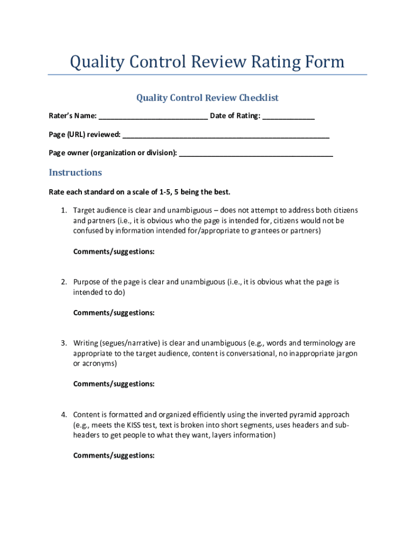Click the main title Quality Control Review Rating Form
point(207,62)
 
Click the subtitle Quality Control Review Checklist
point(207,98)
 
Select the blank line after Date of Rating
point(288,116)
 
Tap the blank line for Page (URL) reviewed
point(226,135)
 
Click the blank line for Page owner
point(256,153)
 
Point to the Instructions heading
point(75,172)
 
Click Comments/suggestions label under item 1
point(114,251)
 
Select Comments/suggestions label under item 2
point(114,313)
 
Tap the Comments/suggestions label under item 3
point(114,384)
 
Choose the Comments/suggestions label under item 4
point(114,456)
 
